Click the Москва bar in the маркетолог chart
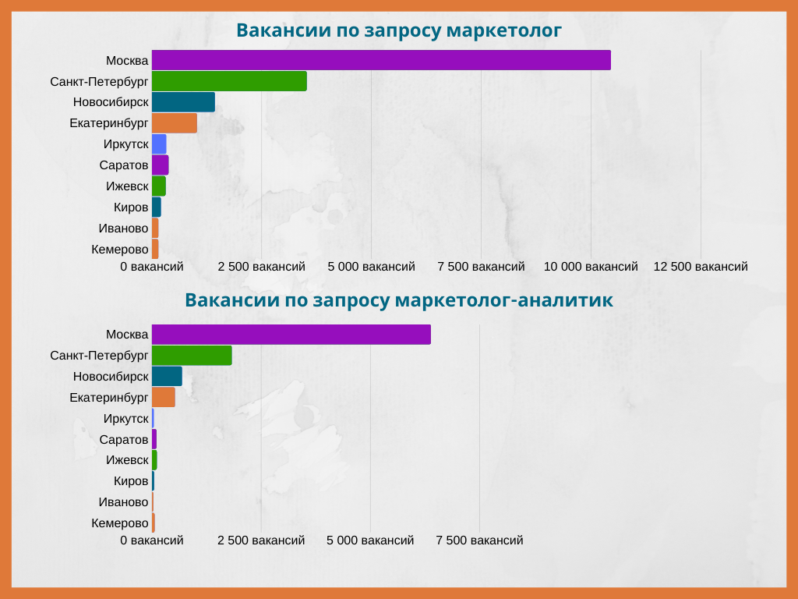pyautogui.click(x=381, y=60)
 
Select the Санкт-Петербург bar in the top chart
pyautogui.click(x=229, y=81)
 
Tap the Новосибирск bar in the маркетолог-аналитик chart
pyautogui.click(x=167, y=377)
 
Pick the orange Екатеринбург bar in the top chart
pyautogui.click(x=174, y=123)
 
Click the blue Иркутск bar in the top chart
pyautogui.click(x=159, y=144)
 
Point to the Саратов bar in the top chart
pyautogui.click(x=160, y=165)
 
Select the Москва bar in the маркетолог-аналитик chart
pyautogui.click(x=291, y=334)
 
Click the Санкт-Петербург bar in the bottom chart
pyautogui.click(x=192, y=356)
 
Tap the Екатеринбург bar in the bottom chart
pyautogui.click(x=164, y=397)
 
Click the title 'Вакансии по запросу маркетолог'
pyautogui.click(x=399, y=30)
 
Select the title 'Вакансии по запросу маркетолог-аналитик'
pyautogui.click(x=399, y=299)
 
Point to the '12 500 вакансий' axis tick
pyautogui.click(x=701, y=267)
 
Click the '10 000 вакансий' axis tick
pyautogui.click(x=591, y=267)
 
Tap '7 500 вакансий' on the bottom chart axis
pyautogui.click(x=479, y=541)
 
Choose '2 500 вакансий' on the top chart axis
pyautogui.click(x=262, y=267)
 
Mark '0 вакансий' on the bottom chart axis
pyautogui.click(x=152, y=541)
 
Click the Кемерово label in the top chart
pyautogui.click(x=119, y=250)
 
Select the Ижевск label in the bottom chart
pyautogui.click(x=127, y=460)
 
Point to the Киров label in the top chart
pyautogui.click(x=131, y=207)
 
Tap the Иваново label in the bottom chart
pyautogui.click(x=123, y=502)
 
